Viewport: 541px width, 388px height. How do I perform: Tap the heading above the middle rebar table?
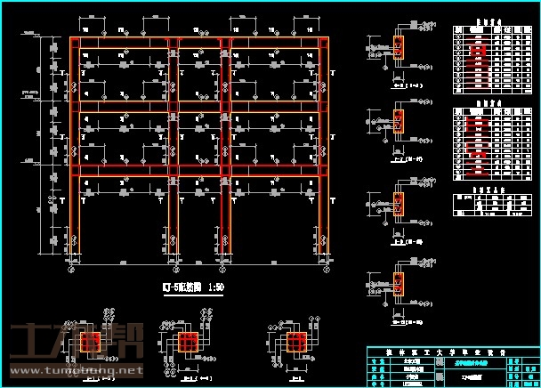(486, 102)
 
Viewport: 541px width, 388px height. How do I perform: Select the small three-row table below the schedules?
(486, 201)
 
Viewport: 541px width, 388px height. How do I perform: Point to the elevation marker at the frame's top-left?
(31, 35)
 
